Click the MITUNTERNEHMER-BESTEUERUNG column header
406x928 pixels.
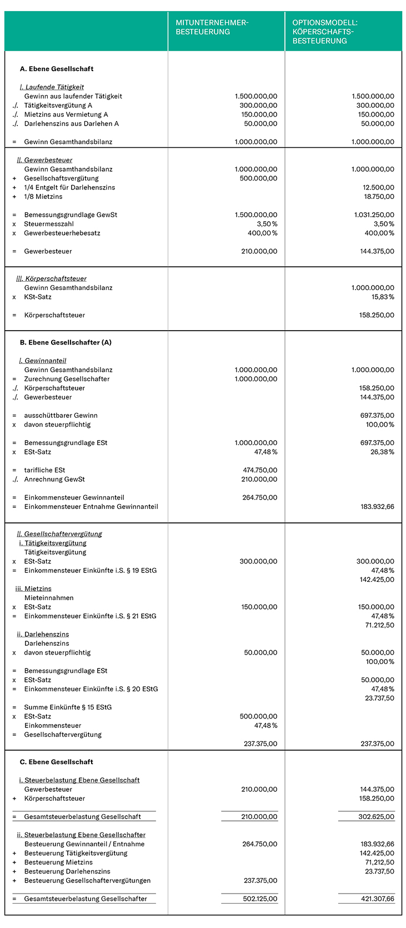point(212,27)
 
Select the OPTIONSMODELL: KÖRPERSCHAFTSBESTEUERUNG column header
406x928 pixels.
point(325,32)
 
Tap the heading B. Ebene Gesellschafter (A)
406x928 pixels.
point(66,342)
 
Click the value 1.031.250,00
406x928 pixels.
point(374,214)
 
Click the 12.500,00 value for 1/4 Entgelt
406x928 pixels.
point(378,187)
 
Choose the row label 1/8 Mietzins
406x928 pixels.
point(43,197)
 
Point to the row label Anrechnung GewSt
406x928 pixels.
point(54,479)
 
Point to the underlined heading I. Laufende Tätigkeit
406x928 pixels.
point(52,87)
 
